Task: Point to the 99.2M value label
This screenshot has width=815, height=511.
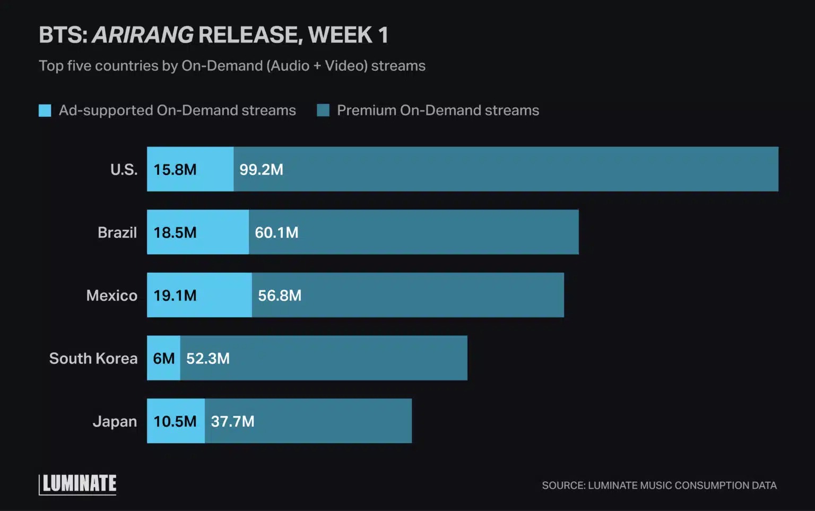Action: click(261, 170)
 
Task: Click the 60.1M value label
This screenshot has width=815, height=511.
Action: click(276, 232)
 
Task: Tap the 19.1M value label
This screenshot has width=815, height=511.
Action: click(175, 296)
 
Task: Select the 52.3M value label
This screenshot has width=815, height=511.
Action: click(207, 359)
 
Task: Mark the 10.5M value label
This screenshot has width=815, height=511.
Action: click(175, 421)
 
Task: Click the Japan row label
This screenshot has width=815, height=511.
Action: click(115, 421)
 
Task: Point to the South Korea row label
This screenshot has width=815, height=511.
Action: click(93, 359)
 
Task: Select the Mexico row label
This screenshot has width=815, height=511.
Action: click(111, 296)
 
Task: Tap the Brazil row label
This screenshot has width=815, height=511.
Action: click(117, 232)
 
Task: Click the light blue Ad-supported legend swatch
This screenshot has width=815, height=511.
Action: click(45, 110)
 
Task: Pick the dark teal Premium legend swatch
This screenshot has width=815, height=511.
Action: click(323, 110)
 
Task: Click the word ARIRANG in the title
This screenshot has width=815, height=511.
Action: click(143, 35)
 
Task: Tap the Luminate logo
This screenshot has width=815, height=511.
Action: click(78, 484)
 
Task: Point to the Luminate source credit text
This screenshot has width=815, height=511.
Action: click(659, 485)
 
